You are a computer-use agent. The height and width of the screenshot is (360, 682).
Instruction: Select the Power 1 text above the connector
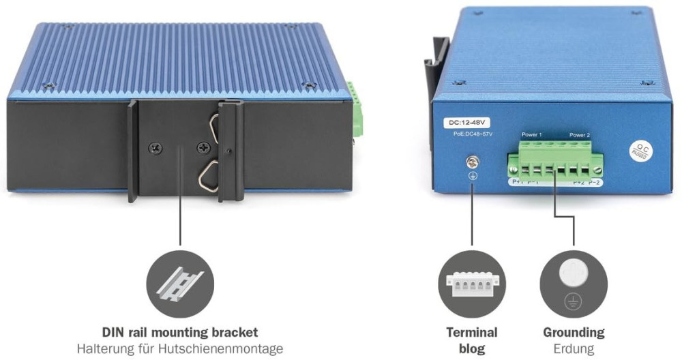tap(531, 135)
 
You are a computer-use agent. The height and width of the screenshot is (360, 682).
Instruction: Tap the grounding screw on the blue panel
tap(471, 162)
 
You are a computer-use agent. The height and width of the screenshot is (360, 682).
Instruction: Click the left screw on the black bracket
tap(155, 147)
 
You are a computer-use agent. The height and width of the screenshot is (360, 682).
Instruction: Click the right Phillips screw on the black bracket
tap(202, 147)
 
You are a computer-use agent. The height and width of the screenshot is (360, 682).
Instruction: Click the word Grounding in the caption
tap(574, 333)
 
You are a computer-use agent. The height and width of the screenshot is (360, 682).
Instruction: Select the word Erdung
tap(574, 349)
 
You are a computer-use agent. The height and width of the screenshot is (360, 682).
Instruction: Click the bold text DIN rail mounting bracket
tap(180, 333)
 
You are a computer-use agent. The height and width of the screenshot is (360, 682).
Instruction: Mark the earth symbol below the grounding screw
tap(471, 175)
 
